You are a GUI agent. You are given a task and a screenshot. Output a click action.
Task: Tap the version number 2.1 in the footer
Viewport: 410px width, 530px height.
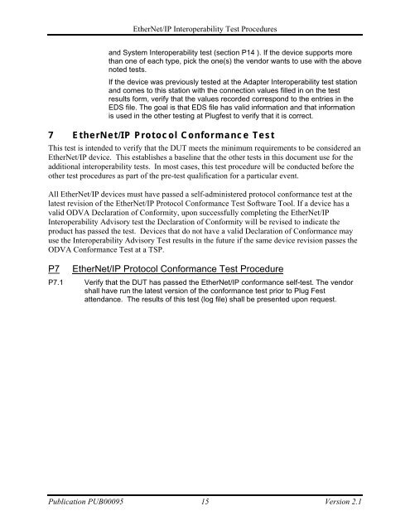(358, 500)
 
